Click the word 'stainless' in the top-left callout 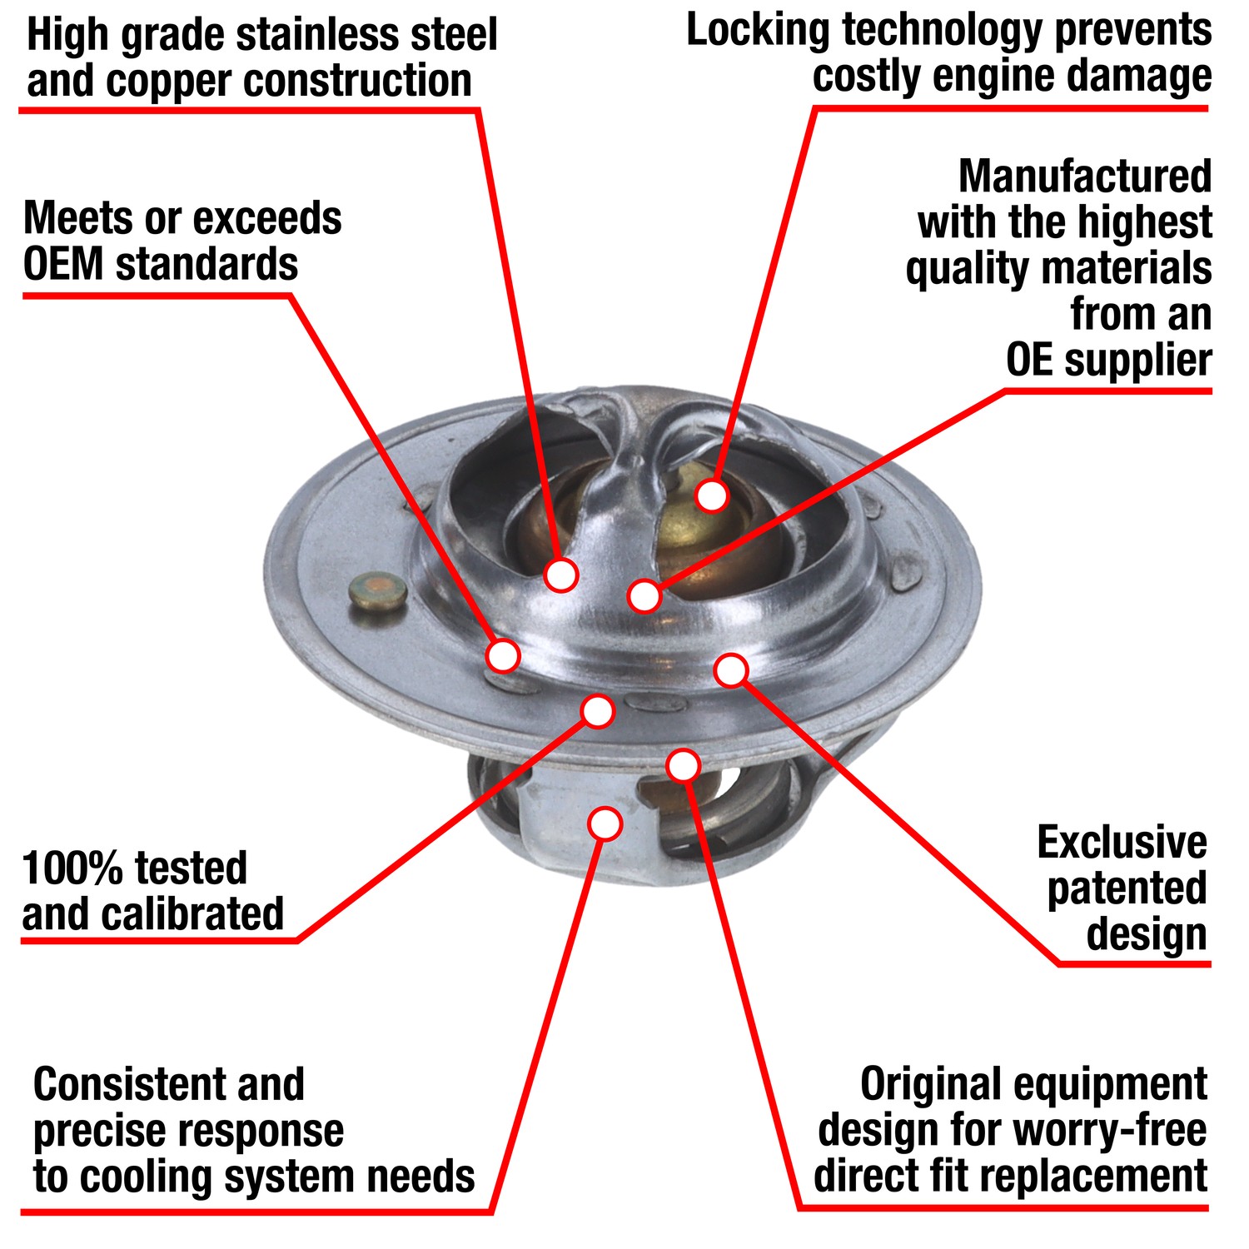coord(318,36)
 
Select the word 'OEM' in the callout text coord(62,266)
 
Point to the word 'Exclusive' coord(1122,843)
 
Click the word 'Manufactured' coord(1085,177)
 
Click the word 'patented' coord(1127,889)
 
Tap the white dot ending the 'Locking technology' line coord(712,495)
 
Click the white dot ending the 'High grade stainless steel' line coord(561,575)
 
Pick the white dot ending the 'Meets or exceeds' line coord(503,656)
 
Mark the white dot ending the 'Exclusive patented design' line coord(731,670)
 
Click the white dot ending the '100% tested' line coord(598,711)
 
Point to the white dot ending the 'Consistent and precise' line coord(605,824)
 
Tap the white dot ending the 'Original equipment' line coord(683,765)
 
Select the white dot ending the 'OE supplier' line coord(644,596)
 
